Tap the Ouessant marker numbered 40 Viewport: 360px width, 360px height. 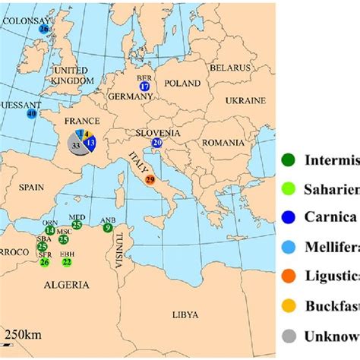pos(31,114)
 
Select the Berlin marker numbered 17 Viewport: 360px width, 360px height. pos(145,87)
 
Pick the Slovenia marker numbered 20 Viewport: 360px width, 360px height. pos(157,142)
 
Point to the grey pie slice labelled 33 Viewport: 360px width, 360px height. pos(76,144)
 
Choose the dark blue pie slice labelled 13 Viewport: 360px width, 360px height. pos(90,143)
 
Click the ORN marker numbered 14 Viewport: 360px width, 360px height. pos(49,230)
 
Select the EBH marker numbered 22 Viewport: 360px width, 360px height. pos(67,262)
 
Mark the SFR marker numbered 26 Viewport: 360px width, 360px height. pos(45,262)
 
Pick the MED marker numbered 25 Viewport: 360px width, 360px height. pos(77,226)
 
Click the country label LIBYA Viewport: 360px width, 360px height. pos(185,314)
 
